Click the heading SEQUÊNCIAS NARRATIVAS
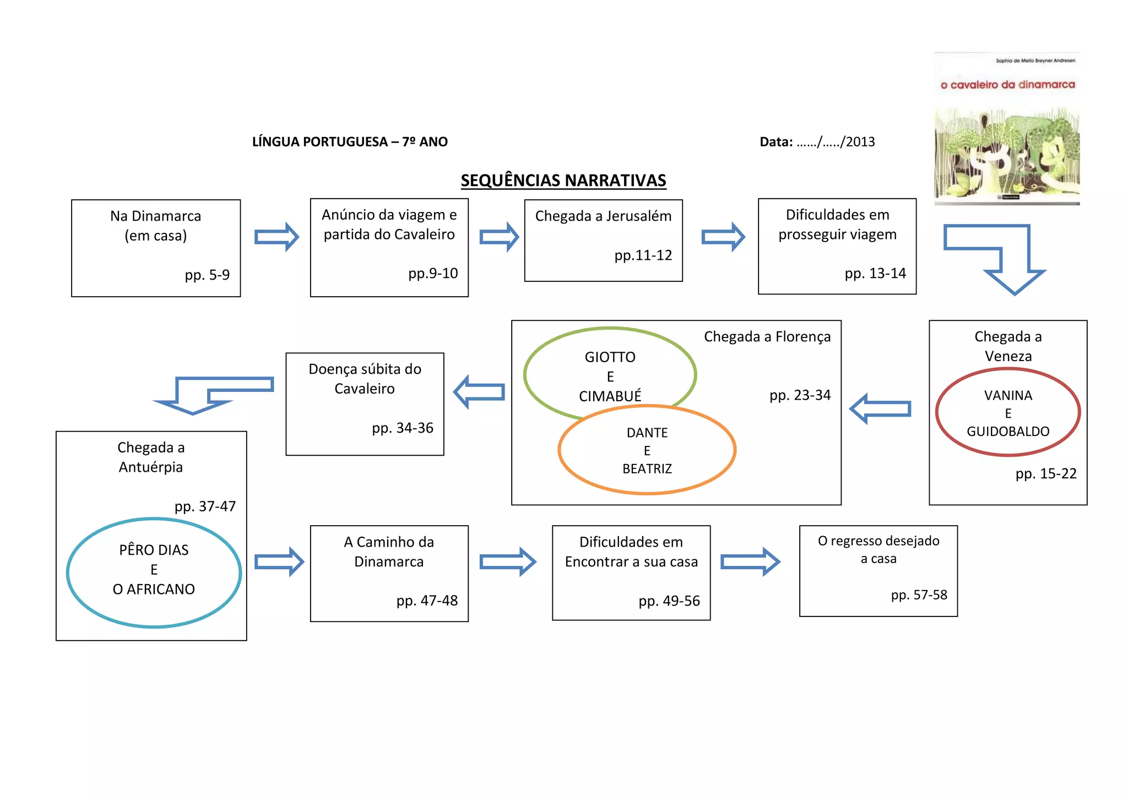[563, 181]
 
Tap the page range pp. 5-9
[207, 275]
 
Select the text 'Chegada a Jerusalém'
[603, 216]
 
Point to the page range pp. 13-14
[875, 273]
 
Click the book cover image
[1007, 129]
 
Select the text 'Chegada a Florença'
[767, 336]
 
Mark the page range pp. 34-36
[402, 428]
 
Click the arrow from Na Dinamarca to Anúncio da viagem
[276, 237]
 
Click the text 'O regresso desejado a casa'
[878, 549]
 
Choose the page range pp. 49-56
[669, 601]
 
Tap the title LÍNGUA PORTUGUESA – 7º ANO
[350, 142]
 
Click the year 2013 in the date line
[860, 142]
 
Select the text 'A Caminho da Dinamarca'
[389, 552]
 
